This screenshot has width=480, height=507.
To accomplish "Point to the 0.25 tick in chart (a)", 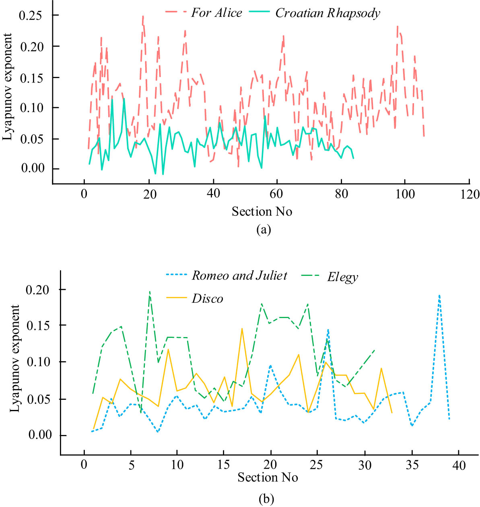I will click(x=35, y=15).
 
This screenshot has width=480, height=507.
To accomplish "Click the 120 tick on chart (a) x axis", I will click(x=470, y=195).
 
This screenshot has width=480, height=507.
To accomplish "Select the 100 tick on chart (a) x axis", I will click(x=405, y=195).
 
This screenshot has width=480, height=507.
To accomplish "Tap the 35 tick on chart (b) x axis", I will click(x=412, y=466).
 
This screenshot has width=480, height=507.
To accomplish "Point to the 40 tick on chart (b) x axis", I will click(x=459, y=466).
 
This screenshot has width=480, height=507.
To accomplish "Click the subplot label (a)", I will click(x=264, y=230).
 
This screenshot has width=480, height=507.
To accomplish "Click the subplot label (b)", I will click(x=266, y=499).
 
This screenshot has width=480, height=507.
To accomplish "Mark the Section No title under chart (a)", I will click(x=262, y=211).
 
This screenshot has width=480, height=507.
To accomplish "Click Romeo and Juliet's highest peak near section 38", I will click(x=439, y=296).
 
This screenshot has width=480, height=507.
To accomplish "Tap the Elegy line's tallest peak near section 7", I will click(x=150, y=292).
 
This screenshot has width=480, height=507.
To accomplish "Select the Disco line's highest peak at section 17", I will click(x=242, y=329).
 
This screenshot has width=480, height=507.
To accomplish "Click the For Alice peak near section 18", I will click(x=143, y=17).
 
